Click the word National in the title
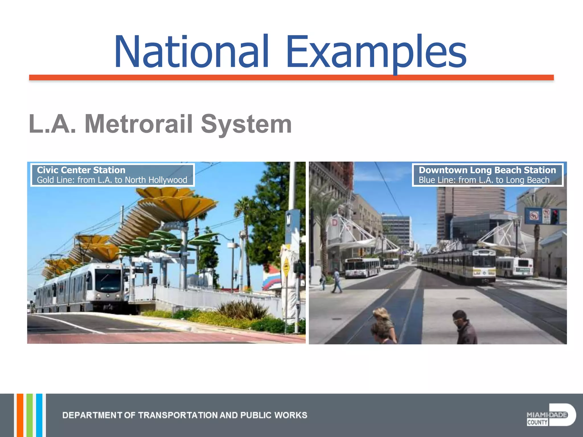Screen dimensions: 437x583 coord(191,52)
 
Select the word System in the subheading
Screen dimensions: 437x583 coord(246,124)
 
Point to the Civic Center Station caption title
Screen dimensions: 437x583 coord(81,170)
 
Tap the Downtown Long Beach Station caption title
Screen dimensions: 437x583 coord(487,170)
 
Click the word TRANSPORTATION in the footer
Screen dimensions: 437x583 coord(178,415)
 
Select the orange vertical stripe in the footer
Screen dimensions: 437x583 coord(20,415)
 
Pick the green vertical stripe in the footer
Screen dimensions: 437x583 coord(30,415)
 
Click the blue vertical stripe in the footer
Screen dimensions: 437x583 coord(39,415)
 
